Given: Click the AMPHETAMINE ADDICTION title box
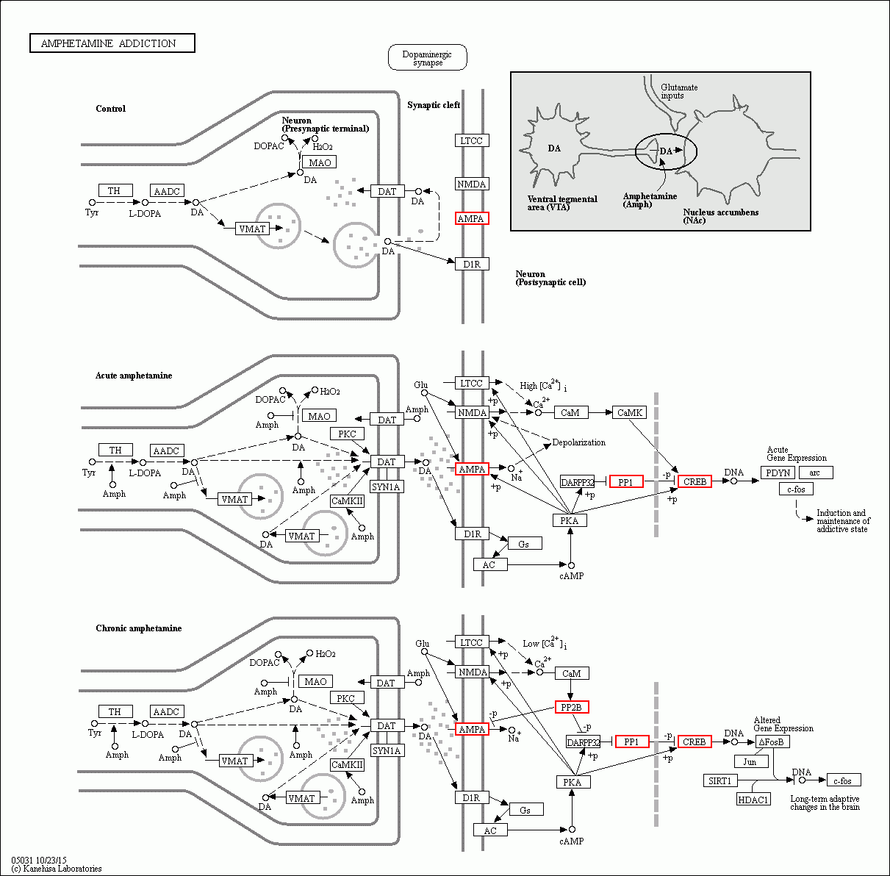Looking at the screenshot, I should [x=112, y=43].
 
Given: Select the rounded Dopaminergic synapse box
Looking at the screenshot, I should [x=427, y=58].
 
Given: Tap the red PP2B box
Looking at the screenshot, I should [x=571, y=707].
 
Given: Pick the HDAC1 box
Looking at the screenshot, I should [x=753, y=799].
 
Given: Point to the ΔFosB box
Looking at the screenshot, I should [x=772, y=742].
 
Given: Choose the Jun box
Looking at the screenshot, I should [x=750, y=761].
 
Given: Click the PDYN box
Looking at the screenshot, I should [x=778, y=473].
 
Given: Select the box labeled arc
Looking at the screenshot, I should [x=815, y=473].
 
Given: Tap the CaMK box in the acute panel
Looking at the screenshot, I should [x=629, y=412].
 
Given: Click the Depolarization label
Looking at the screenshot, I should [x=578, y=442].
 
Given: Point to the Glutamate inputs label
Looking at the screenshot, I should [x=678, y=91].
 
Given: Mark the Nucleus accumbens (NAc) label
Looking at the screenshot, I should [x=720, y=216].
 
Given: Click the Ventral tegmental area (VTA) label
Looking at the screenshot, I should [x=562, y=203].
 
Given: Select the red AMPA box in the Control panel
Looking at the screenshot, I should [x=471, y=218].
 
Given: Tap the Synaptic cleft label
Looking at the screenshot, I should [x=434, y=105].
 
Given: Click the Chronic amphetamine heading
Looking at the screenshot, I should [x=138, y=628].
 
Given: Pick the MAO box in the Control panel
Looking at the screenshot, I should [x=319, y=162].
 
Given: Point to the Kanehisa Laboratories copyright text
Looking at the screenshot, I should [x=57, y=869].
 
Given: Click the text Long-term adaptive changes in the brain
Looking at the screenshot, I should [x=825, y=803].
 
